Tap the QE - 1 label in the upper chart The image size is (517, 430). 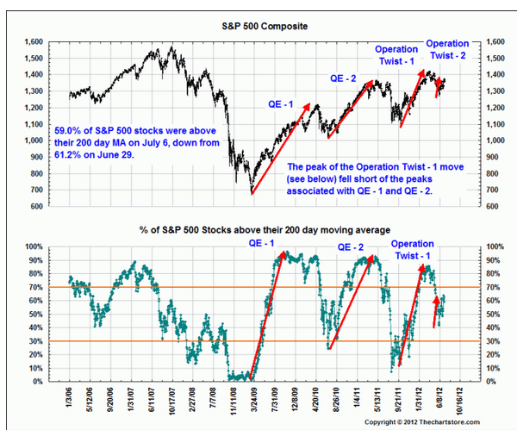pos(278,104)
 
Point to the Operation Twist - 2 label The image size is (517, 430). pos(448,48)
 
